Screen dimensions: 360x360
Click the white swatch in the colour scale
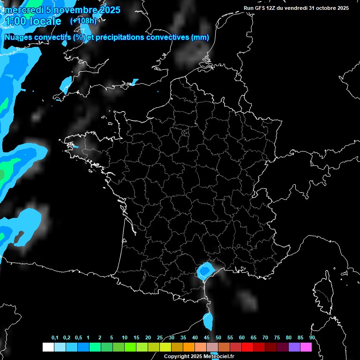click(48, 347)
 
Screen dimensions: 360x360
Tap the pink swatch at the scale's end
click(306, 347)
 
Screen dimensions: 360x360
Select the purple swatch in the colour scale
click(294, 347)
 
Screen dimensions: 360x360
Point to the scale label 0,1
click(55, 338)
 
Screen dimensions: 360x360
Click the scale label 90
click(312, 338)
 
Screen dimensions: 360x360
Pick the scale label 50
click(218, 338)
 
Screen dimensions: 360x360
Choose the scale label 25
click(160, 338)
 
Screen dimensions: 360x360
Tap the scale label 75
click(277, 338)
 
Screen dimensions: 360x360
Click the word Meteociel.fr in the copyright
click(219, 357)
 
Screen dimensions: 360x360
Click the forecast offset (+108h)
click(83, 21)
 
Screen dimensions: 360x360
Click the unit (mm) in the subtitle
click(200, 37)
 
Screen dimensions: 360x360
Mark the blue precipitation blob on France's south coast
click(204, 270)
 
